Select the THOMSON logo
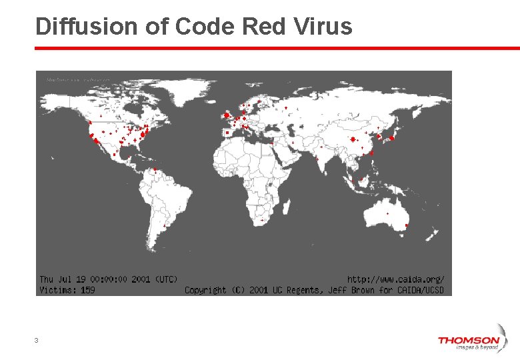coord(468,342)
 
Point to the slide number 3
coord(36,341)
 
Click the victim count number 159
coord(87,290)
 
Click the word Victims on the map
coord(57,290)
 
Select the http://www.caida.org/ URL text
coord(396,279)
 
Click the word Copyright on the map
coord(205,290)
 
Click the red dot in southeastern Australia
coord(406,226)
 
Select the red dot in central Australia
coord(388,213)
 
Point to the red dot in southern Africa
coord(262,219)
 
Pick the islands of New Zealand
coord(433,236)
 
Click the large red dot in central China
coord(353,139)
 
